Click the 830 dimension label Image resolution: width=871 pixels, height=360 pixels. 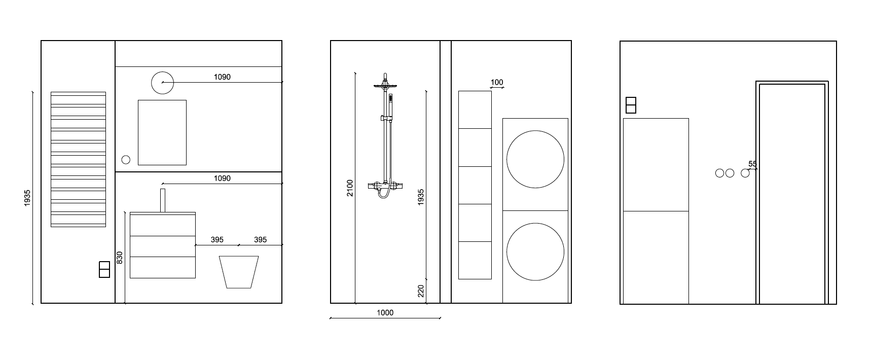120,258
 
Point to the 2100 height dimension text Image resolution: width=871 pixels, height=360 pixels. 350,188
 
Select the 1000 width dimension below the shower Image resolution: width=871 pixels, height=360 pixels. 385,313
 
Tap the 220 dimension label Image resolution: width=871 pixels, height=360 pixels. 421,291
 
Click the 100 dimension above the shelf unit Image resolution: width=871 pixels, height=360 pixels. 497,82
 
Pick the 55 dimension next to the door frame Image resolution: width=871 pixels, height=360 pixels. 752,164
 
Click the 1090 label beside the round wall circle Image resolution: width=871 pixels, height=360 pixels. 222,77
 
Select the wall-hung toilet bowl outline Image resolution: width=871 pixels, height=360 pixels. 239,272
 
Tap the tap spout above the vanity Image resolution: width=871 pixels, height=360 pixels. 163,200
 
